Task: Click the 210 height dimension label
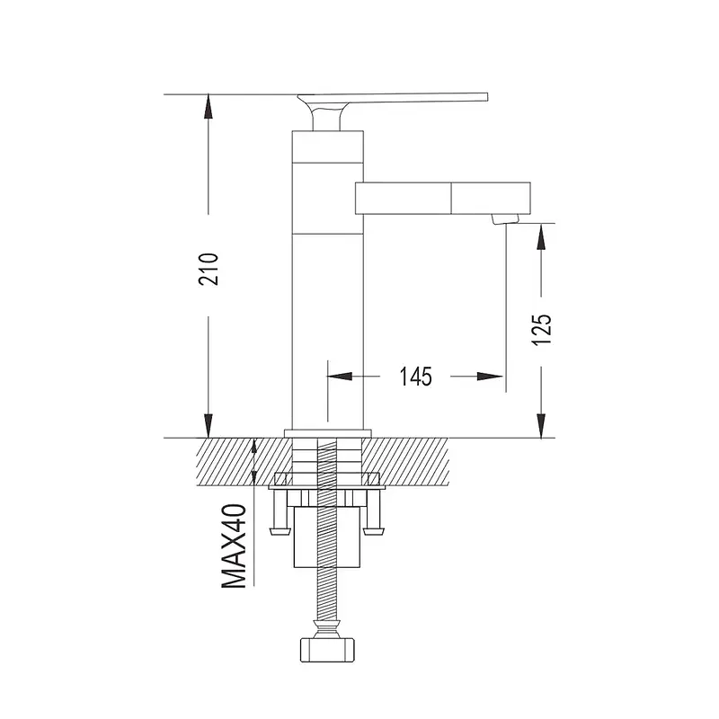click(x=209, y=269)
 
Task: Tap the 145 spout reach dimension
click(x=415, y=377)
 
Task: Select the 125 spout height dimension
click(x=542, y=330)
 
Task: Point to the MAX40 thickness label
click(x=235, y=546)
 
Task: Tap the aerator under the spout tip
click(x=504, y=219)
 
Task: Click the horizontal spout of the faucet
click(x=443, y=198)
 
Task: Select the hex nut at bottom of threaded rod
click(x=328, y=650)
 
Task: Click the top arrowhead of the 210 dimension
click(x=209, y=106)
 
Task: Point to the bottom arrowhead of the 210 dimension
click(x=209, y=425)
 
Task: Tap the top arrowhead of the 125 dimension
click(x=542, y=236)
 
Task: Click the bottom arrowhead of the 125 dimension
click(x=542, y=425)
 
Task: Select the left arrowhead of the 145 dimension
click(x=340, y=377)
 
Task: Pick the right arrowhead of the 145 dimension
click(x=491, y=377)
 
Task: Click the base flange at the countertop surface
click(x=327, y=434)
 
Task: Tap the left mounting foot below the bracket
click(x=280, y=531)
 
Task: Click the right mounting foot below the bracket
click(x=374, y=531)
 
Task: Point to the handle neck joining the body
click(x=326, y=120)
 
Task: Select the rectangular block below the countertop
click(x=327, y=537)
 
